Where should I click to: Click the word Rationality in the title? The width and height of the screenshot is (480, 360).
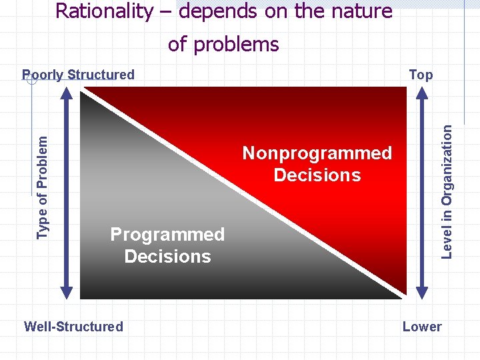coord(103,11)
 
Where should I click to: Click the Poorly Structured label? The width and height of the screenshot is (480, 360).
coord(79,75)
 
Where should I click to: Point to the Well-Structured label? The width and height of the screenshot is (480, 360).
coord(73,327)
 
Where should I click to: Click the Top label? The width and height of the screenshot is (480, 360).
coord(421,75)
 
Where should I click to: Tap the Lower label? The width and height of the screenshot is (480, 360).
coord(422,327)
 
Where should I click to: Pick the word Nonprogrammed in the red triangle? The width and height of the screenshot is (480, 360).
coord(317,153)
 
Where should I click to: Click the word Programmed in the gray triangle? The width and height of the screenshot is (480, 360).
coord(167,235)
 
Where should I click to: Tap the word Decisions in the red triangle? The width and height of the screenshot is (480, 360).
coord(317,175)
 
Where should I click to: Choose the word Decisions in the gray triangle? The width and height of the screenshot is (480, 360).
coord(167,257)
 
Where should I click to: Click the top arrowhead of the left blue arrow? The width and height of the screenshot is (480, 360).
coord(66,94)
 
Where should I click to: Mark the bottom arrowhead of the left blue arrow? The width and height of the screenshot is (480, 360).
coord(66,291)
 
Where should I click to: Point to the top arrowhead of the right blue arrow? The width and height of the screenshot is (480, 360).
coord(422,94)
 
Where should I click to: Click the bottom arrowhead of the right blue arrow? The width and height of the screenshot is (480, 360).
coord(422,291)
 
